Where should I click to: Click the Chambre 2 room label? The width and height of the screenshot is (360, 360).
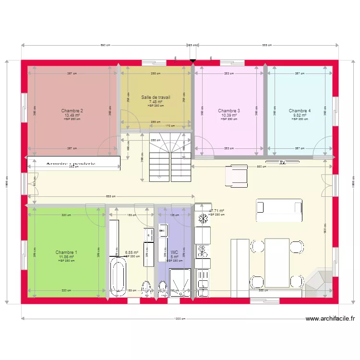click(72, 111)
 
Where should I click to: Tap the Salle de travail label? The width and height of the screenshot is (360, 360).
click(156, 97)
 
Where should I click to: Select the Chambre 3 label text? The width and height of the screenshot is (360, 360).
click(229, 111)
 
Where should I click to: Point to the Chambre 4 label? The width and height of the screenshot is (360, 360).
click(300, 111)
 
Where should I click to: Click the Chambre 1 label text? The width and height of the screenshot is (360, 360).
click(66, 252)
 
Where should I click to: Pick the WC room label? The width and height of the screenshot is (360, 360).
click(174, 252)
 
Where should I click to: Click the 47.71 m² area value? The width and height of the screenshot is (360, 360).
click(216, 211)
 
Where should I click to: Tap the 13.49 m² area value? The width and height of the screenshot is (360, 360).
click(72, 116)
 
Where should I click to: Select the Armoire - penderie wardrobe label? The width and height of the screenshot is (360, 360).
click(71, 164)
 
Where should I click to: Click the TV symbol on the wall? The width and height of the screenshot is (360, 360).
click(283, 163)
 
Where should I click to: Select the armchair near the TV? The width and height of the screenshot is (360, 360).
click(236, 176)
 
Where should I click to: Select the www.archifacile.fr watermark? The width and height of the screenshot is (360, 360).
click(330, 318)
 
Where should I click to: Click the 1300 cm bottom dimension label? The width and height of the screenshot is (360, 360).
click(180, 318)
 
